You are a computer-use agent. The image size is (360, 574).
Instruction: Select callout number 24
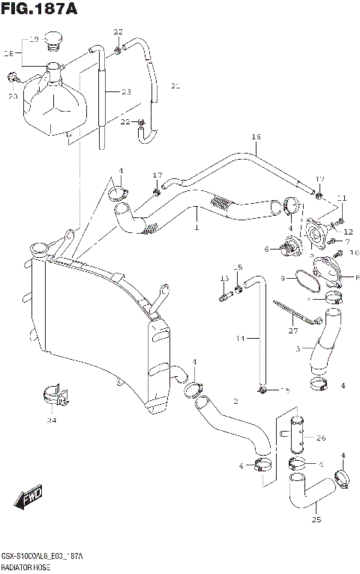tap(51, 420)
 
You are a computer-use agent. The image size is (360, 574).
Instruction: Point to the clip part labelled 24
tap(52, 395)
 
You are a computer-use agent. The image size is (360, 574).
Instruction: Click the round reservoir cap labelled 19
tap(54, 37)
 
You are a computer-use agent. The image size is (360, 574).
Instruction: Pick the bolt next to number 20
tap(13, 76)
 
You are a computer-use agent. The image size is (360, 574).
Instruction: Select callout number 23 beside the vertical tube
tap(126, 92)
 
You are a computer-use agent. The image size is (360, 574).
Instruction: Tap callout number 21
tap(175, 85)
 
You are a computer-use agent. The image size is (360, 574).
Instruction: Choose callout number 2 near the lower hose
tap(235, 402)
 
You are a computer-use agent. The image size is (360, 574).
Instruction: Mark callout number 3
tap(298, 348)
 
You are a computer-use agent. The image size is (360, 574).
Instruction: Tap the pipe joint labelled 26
tap(295, 436)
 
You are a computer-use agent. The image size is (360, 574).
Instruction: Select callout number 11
tap(342, 198)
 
